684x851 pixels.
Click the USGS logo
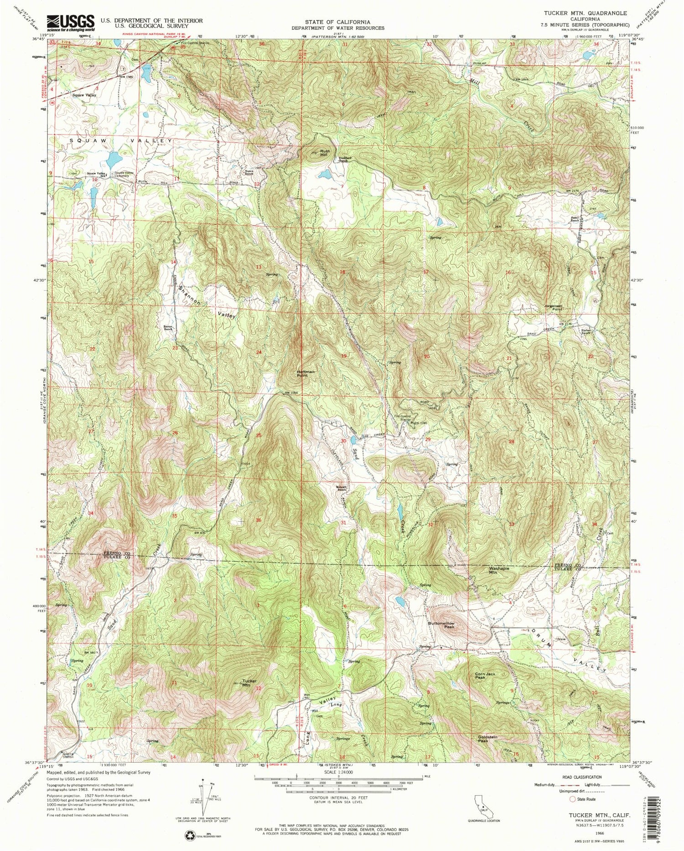point(71,22)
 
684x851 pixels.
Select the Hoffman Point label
point(306,373)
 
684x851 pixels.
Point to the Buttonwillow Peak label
point(441,625)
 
